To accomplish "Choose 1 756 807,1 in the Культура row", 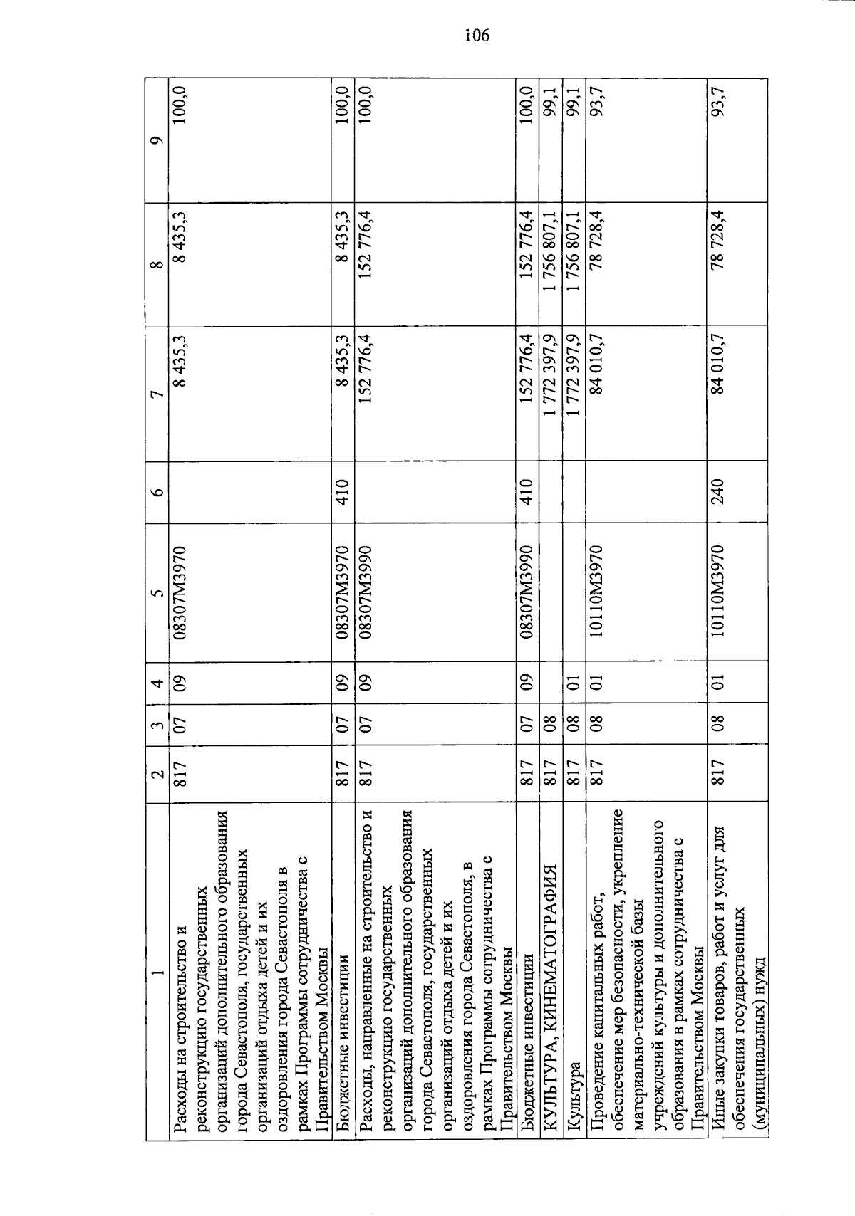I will click(x=573, y=249).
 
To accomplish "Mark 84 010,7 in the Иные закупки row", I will click(x=717, y=370).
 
